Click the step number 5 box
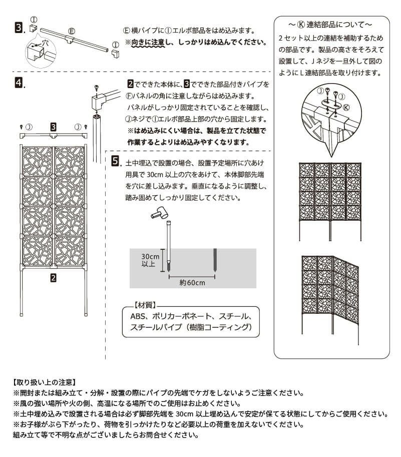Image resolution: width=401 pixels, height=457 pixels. coord(115,161)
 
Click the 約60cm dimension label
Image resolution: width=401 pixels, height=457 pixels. coord(192,282)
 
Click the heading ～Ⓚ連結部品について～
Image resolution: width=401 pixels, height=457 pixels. coord(330,24)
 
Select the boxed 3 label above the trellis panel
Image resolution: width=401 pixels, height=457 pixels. coord(53,126)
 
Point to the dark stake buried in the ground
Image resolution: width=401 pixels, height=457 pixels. coord(215,260)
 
